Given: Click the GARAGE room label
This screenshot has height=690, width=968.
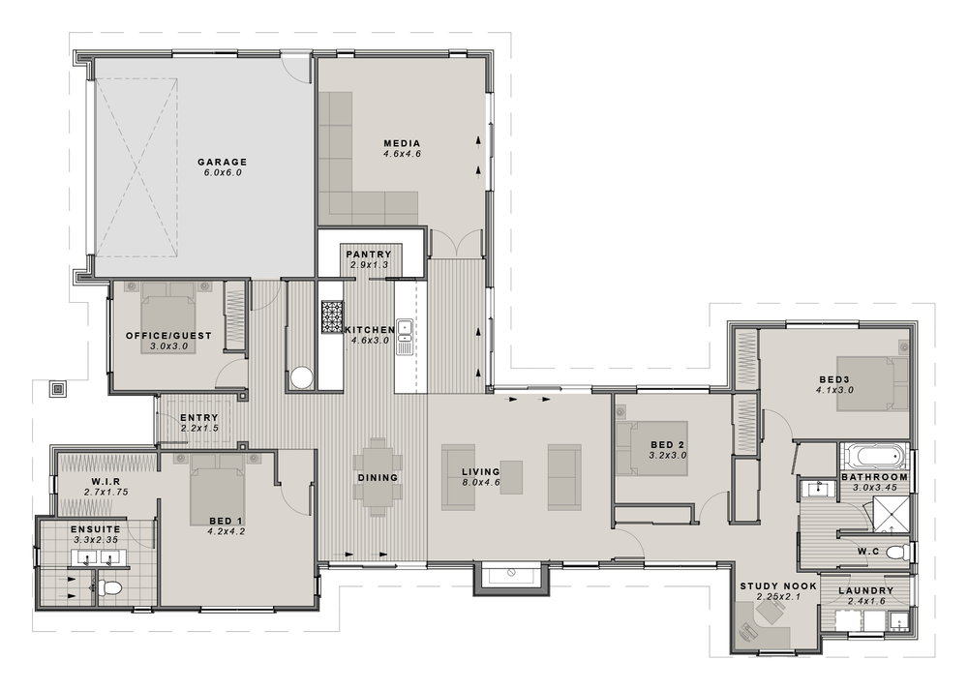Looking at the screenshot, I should click(223, 162).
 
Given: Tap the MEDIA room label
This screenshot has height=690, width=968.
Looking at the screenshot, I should click(402, 143).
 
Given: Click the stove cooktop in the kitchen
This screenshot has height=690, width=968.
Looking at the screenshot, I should click(332, 316).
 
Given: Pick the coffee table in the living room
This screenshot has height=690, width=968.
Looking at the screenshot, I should click(511, 477).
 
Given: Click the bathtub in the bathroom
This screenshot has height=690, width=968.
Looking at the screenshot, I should click(873, 456).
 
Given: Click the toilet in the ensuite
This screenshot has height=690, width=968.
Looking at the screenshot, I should click(111, 586).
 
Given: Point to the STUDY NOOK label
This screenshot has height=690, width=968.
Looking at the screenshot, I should click(778, 586).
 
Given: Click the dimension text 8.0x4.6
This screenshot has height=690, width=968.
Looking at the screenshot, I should click(481, 483).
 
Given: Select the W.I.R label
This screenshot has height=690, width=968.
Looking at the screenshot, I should click(106, 481).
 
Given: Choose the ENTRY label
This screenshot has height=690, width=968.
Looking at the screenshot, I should click(198, 417).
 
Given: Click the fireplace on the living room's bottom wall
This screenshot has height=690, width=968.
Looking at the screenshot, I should click(510, 578).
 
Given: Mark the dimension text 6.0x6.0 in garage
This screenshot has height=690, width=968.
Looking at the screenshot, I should click(223, 172).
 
